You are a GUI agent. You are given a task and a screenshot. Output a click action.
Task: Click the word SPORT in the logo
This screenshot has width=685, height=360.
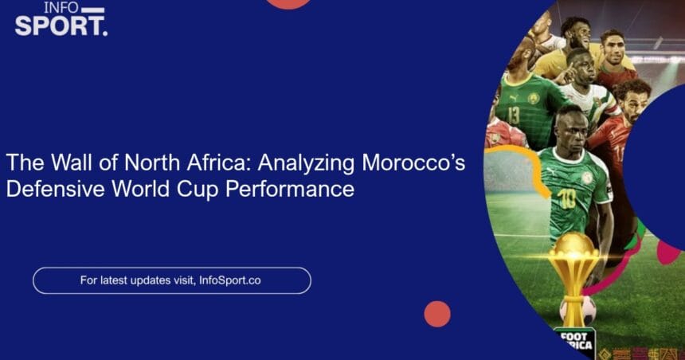tap(59, 26)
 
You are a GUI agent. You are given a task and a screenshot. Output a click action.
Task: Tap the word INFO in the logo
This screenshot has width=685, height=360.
tap(61, 7)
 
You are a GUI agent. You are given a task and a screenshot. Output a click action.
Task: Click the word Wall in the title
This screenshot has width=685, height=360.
tap(72, 162)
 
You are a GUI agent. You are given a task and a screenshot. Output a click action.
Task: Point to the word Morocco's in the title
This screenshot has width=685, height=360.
tap(413, 162)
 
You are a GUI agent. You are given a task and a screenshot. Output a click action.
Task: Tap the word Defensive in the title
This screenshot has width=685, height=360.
tap(56, 190)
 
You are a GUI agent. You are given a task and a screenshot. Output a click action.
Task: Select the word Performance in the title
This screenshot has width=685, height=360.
tap(290, 190)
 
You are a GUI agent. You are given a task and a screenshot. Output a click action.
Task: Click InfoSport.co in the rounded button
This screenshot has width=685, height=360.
tap(229, 280)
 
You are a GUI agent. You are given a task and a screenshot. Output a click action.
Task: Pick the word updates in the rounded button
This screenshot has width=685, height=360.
tap(150, 280)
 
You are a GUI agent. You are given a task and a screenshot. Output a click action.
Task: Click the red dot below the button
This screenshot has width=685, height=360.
tap(437, 314)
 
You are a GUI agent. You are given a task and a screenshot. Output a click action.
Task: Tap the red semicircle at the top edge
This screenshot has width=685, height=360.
tap(288, 3)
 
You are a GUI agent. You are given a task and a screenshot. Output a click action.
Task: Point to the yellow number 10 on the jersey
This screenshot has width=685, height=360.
tap(566, 199)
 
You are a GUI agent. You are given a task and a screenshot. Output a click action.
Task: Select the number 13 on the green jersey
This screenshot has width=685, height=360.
tap(513, 115)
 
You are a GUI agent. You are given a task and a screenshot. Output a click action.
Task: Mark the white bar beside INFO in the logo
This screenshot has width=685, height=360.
tap(93, 10)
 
